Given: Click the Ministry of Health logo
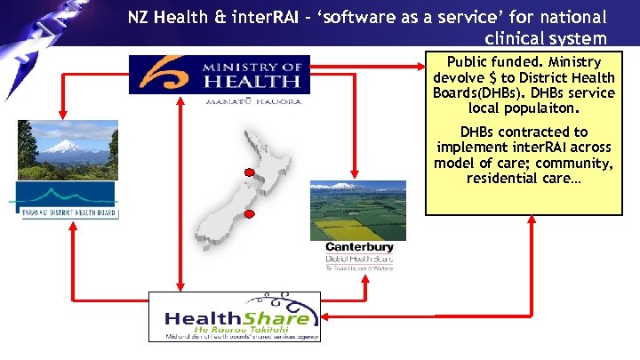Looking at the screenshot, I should click(x=220, y=76).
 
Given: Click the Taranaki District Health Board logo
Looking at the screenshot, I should click(x=68, y=201).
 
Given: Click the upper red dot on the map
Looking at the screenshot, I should click(x=250, y=172).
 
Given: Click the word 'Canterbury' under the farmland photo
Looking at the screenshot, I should click(x=359, y=247).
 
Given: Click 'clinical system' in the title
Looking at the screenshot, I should click(x=546, y=38).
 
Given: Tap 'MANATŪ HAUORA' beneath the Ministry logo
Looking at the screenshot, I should click(x=253, y=101).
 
